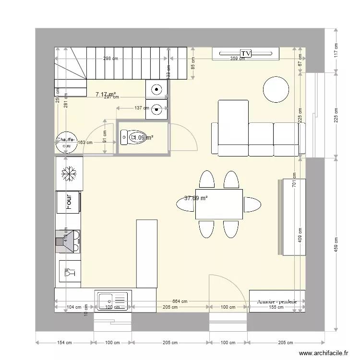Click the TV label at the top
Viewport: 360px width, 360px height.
tap(246, 53)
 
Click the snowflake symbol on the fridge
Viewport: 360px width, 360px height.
tap(70, 173)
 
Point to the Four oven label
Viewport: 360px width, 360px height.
tap(69, 202)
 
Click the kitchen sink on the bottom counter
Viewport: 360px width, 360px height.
tap(113, 300)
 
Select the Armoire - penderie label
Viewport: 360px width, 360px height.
tap(277, 301)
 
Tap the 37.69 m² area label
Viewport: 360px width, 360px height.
tap(196, 198)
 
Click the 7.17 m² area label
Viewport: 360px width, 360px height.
tap(106, 95)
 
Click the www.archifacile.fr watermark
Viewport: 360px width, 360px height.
tap(324, 353)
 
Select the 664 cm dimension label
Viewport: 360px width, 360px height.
tap(180, 301)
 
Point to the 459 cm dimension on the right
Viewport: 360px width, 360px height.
tap(336, 245)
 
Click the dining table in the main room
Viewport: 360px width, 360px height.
tap(219, 204)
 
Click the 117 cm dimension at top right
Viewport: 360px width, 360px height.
tap(336, 50)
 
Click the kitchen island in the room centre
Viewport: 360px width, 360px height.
tap(146, 253)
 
